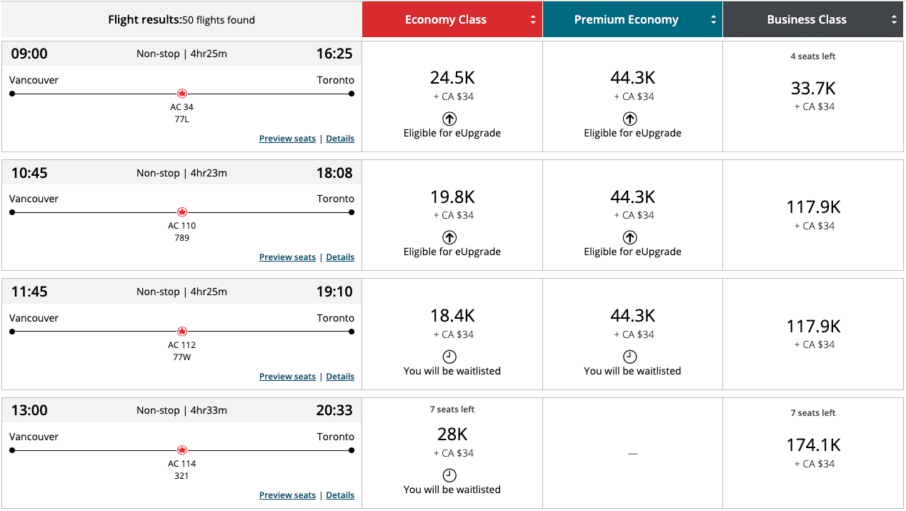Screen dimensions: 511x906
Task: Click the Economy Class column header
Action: tap(446, 20)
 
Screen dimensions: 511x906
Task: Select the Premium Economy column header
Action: tap(627, 20)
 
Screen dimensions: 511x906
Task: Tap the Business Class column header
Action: tap(807, 20)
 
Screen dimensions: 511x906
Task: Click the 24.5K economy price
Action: tap(452, 78)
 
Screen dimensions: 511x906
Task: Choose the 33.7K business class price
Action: tap(813, 89)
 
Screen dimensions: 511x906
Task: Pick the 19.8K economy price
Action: tap(452, 197)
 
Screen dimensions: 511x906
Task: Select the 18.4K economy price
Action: tap(452, 316)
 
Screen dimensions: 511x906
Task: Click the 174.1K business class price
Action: tap(813, 445)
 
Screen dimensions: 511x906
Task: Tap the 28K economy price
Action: tap(452, 434)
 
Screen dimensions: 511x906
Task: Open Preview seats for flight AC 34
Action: tap(287, 139)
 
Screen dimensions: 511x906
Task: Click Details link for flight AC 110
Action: tap(340, 257)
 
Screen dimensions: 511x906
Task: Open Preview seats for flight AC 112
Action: tap(287, 377)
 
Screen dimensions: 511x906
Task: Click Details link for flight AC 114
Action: tap(340, 495)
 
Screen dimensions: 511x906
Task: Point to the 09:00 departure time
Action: tap(29, 54)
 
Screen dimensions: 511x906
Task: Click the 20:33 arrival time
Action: tap(334, 410)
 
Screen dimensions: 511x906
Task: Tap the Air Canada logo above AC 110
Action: tap(181, 212)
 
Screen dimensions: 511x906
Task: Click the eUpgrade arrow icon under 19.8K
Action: tap(449, 237)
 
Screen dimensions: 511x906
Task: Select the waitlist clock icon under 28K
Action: tap(449, 475)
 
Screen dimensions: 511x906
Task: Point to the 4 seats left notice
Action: tap(813, 56)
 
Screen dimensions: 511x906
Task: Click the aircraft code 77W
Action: tap(181, 357)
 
